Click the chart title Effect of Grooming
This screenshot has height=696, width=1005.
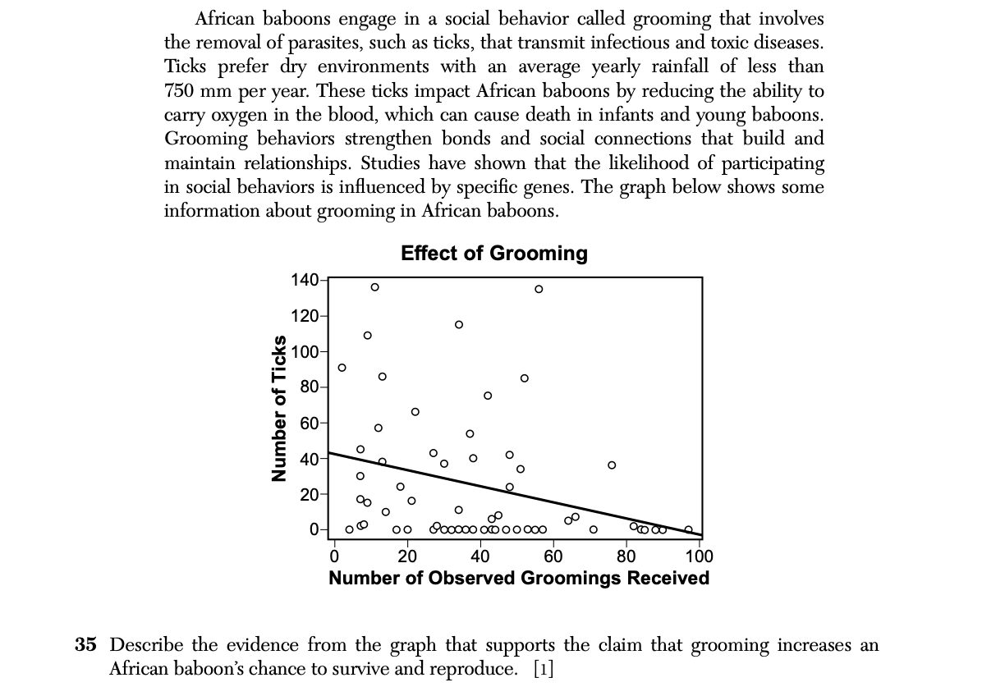point(493,253)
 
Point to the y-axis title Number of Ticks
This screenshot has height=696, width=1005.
point(280,409)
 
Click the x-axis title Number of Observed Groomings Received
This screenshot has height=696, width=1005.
point(519,578)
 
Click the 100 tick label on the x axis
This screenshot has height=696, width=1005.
point(699,556)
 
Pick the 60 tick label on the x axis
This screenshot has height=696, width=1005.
point(553,556)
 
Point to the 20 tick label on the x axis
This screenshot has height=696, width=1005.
point(407,556)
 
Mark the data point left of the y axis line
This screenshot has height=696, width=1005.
point(342,367)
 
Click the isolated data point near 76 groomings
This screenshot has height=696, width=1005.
point(612,465)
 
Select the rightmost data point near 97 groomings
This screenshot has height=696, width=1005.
point(689,529)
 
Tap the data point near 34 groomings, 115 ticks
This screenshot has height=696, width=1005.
point(459,324)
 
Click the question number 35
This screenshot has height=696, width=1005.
point(86,645)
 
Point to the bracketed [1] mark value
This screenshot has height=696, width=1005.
point(543,668)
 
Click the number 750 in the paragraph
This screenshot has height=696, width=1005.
point(179,90)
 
